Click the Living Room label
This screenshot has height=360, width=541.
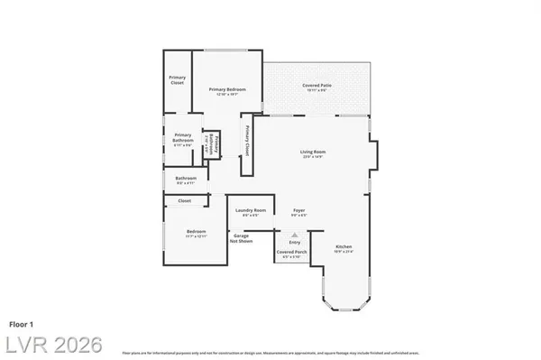pyautogui.click(x=312, y=152)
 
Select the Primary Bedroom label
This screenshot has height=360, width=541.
pyautogui.click(x=227, y=89)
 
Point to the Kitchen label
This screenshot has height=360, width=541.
pyautogui.click(x=344, y=246)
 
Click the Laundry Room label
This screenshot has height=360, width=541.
pyautogui.click(x=250, y=211)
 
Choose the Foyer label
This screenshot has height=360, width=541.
pyautogui.click(x=298, y=211)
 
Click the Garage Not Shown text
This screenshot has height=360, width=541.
pyautogui.click(x=241, y=238)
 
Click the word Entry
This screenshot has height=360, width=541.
pyautogui.click(x=294, y=242)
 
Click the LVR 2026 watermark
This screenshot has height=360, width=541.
pyautogui.click(x=51, y=344)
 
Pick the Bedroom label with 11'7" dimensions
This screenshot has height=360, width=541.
pyautogui.click(x=196, y=233)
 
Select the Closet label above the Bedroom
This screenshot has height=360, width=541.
pyautogui.click(x=185, y=200)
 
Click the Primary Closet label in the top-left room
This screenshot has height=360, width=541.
pyautogui.click(x=178, y=80)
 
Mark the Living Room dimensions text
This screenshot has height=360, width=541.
pyautogui.click(x=312, y=158)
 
